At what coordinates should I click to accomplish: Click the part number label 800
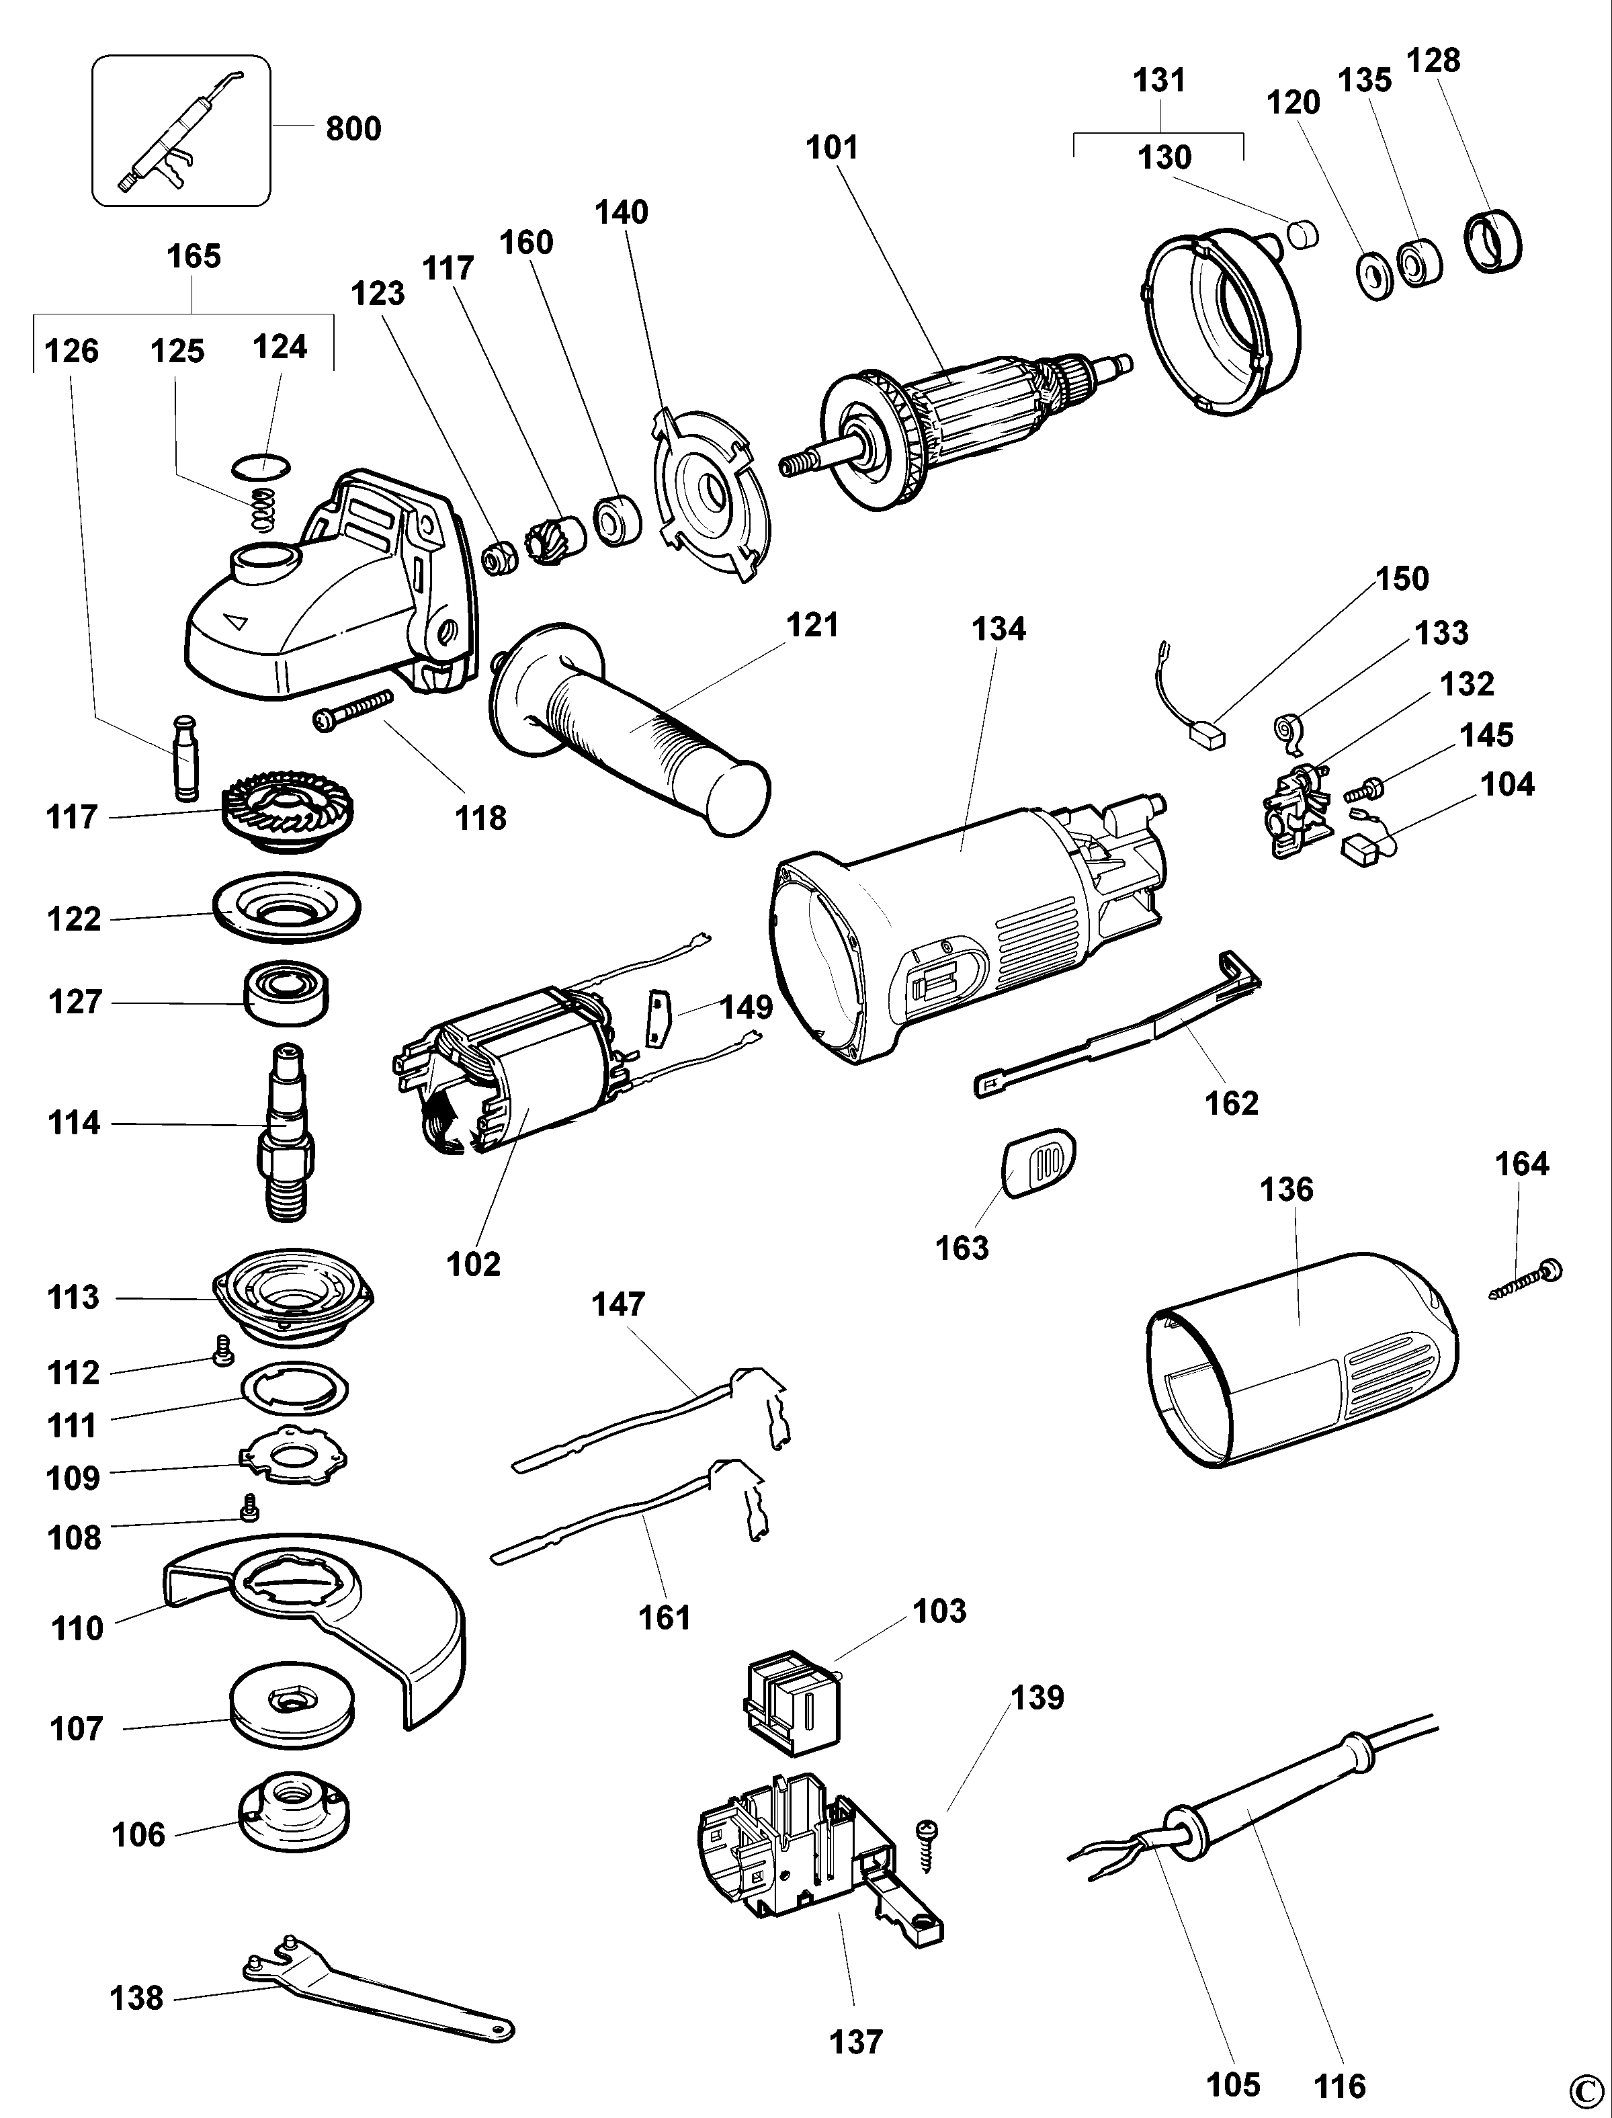(353, 128)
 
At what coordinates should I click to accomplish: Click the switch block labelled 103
(792, 1699)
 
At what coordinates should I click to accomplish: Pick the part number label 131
(1159, 81)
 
